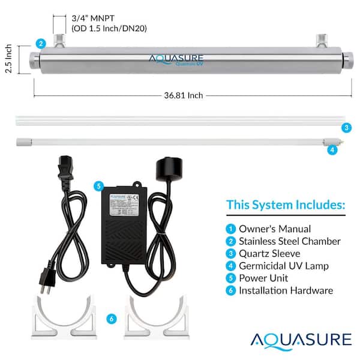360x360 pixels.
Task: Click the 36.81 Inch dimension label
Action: click(x=184, y=95)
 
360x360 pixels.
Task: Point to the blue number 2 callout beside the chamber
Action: click(x=40, y=43)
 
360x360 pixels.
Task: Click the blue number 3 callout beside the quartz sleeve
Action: click(x=346, y=128)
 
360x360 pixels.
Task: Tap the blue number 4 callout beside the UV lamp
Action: click(x=332, y=151)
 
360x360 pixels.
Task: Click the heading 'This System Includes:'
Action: click(x=286, y=205)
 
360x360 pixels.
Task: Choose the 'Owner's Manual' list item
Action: click(x=275, y=229)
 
